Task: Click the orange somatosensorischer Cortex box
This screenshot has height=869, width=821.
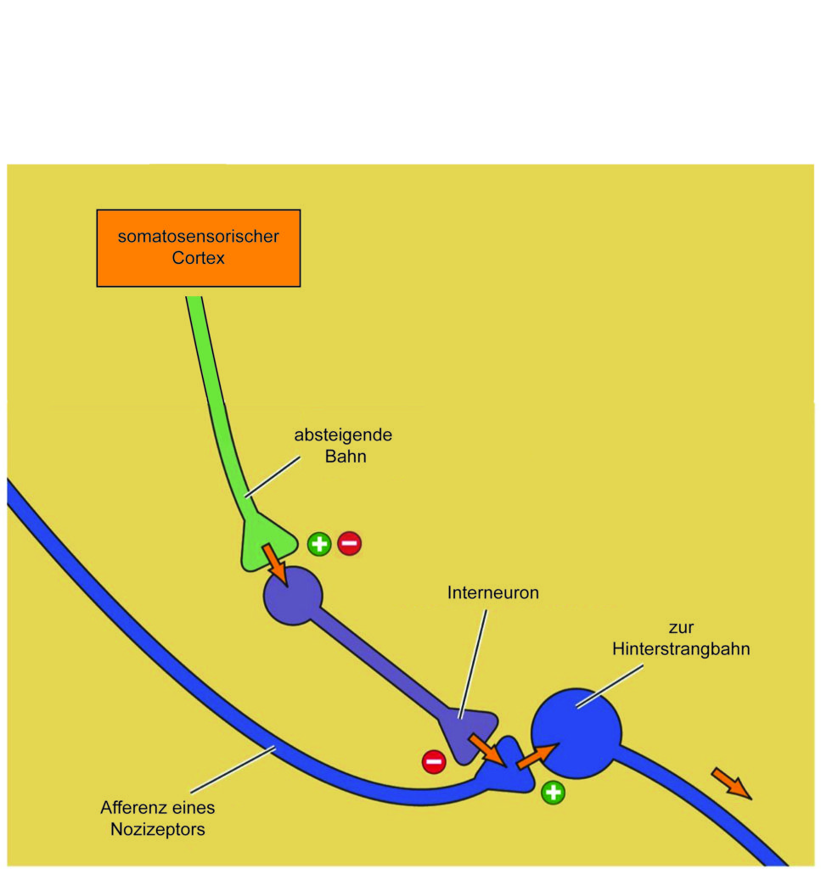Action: pyautogui.click(x=199, y=249)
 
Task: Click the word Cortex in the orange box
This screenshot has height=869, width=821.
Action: pyautogui.click(x=199, y=258)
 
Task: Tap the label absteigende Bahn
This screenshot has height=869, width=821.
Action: pyautogui.click(x=343, y=446)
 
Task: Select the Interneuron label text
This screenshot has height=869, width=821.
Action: pyautogui.click(x=492, y=592)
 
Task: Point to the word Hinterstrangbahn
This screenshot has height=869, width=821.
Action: pyautogui.click(x=681, y=649)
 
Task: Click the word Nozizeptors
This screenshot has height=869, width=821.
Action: pyautogui.click(x=158, y=830)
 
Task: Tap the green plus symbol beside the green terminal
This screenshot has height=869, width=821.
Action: pyautogui.click(x=319, y=544)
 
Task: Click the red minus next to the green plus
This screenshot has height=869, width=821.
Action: pyautogui.click(x=349, y=543)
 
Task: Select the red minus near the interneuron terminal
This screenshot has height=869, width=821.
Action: pyautogui.click(x=434, y=761)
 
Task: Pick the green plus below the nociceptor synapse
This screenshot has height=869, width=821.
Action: pyautogui.click(x=553, y=793)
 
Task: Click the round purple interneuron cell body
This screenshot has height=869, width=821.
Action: pyautogui.click(x=293, y=596)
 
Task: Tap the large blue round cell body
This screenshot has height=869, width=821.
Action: pyautogui.click(x=576, y=733)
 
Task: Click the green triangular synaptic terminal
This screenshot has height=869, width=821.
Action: pyautogui.click(x=265, y=541)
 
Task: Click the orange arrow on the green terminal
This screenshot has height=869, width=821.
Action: pyautogui.click(x=274, y=564)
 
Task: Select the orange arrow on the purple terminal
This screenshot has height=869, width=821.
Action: pyautogui.click(x=487, y=750)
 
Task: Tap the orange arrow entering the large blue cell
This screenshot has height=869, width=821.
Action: pyautogui.click(x=536, y=756)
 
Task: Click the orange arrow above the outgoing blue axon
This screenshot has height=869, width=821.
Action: pyautogui.click(x=731, y=783)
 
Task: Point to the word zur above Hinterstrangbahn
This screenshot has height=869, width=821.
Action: pyautogui.click(x=681, y=628)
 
